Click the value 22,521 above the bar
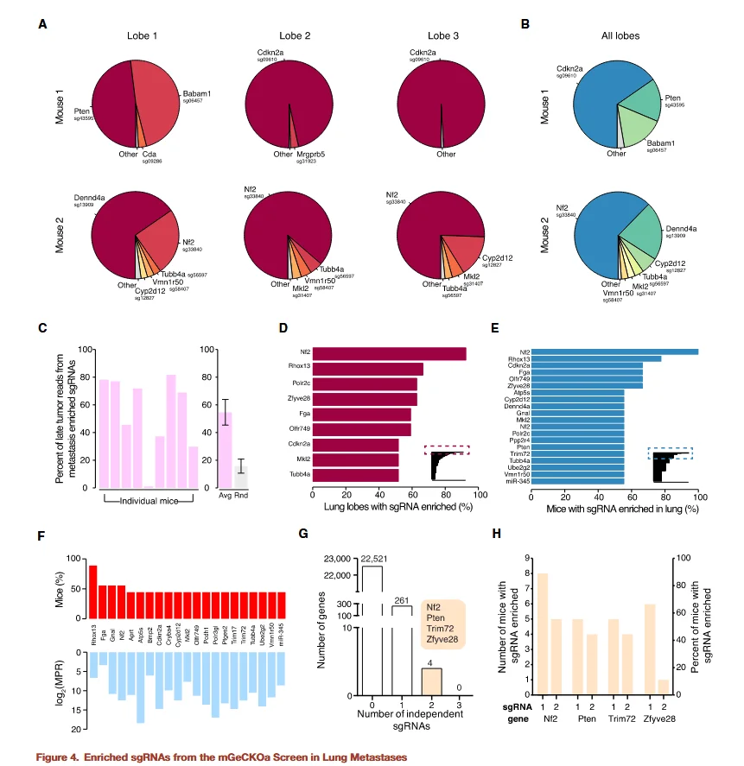point(372,559)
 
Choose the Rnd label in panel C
point(244,498)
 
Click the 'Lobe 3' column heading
point(444,35)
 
